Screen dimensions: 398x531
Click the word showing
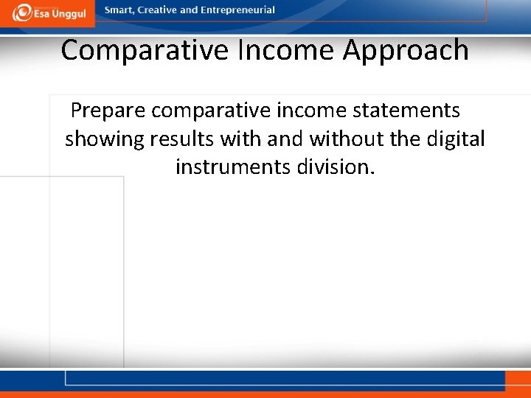click(x=104, y=139)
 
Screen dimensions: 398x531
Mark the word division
click(x=336, y=167)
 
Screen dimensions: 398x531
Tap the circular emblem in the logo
click(x=22, y=12)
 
